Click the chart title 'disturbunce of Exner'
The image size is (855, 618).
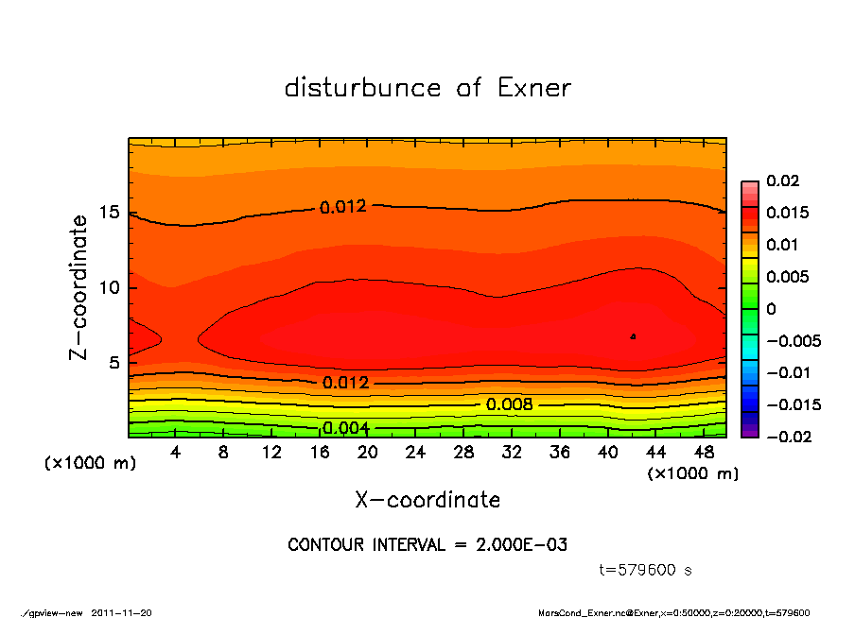[x=427, y=88]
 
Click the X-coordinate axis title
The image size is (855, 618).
[x=427, y=499]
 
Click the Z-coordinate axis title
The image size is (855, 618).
[x=79, y=286]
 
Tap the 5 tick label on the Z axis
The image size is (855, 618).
[x=114, y=362]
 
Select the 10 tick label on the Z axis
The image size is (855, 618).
[x=111, y=287]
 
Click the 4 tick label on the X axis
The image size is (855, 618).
[x=176, y=453]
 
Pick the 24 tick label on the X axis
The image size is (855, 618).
[x=416, y=453]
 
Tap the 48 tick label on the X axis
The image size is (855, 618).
[x=705, y=453]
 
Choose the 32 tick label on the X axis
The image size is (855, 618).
[x=513, y=453]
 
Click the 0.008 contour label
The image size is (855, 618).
[x=509, y=404]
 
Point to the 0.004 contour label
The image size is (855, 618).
[x=345, y=428]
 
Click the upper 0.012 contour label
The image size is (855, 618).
[x=342, y=207]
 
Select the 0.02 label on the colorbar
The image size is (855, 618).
[x=782, y=180]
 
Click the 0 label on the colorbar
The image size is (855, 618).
[x=771, y=309]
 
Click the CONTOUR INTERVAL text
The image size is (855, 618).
[x=427, y=545]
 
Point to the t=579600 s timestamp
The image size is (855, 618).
[x=647, y=571]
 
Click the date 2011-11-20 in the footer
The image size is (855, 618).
[x=121, y=612]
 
